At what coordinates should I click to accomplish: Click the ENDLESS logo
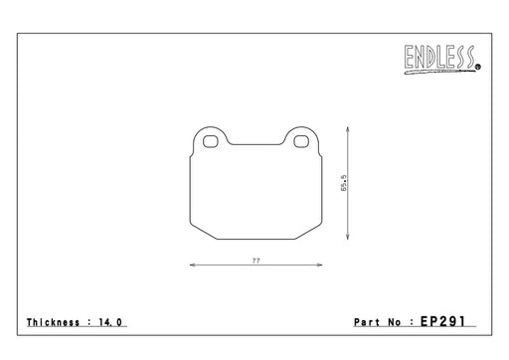pyautogui.click(x=442, y=60)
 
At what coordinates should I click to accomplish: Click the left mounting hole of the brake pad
pyautogui.click(x=210, y=141)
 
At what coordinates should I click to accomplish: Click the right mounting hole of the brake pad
pyautogui.click(x=301, y=141)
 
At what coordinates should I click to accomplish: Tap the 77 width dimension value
pyautogui.click(x=256, y=261)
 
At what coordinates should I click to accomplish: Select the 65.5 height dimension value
pyautogui.click(x=344, y=183)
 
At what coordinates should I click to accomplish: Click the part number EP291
pyautogui.click(x=442, y=321)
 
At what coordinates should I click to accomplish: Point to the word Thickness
pyautogui.click(x=53, y=322)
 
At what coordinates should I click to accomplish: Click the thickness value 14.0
pyautogui.click(x=110, y=322)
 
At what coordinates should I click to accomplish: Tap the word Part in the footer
pyautogui.click(x=367, y=322)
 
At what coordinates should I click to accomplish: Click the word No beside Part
pyautogui.click(x=395, y=322)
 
